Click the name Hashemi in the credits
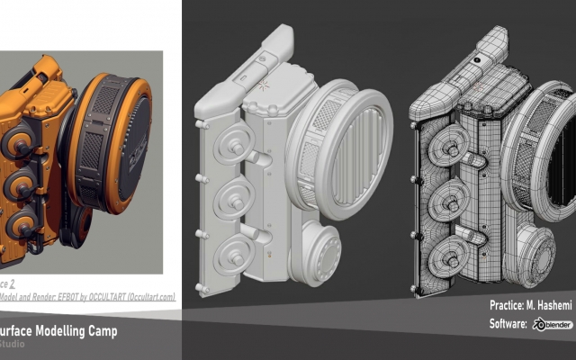click(x=551, y=305)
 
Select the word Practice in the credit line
click(x=508, y=305)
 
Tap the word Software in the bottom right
click(x=509, y=324)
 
